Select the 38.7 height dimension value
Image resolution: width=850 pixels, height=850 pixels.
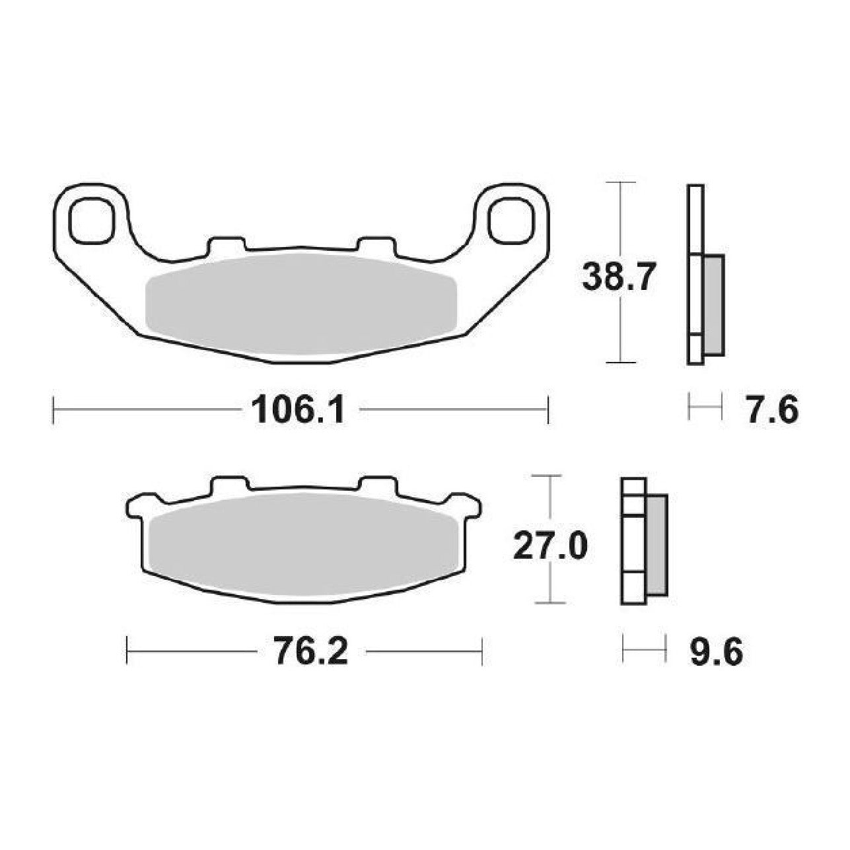(x=616, y=277)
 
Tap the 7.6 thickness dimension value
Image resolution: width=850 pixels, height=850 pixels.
(x=771, y=409)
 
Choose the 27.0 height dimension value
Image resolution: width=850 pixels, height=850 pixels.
(x=549, y=545)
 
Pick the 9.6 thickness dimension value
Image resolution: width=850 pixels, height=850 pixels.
(x=717, y=651)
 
